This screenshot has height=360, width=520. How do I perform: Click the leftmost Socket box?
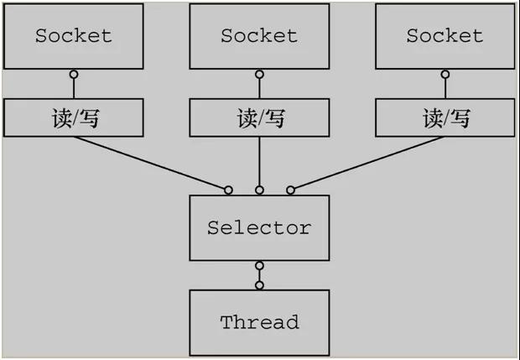click(x=74, y=36)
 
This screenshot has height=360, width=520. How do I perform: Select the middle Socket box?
click(x=259, y=36)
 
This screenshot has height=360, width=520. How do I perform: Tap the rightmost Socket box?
click(x=445, y=36)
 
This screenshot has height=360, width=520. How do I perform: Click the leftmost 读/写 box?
click(x=74, y=118)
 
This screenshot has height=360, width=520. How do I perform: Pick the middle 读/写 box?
click(x=259, y=118)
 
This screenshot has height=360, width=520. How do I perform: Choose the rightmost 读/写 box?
click(x=445, y=118)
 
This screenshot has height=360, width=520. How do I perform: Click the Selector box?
click(x=259, y=227)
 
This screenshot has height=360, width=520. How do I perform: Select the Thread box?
click(x=259, y=322)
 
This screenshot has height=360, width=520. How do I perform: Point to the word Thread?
click(x=259, y=322)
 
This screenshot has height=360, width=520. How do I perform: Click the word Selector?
click(x=259, y=227)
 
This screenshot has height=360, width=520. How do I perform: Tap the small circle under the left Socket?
click(x=74, y=75)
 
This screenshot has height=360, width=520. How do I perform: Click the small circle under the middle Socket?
click(x=259, y=75)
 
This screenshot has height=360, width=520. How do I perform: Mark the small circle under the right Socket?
click(x=445, y=75)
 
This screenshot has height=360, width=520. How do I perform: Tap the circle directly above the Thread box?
click(x=259, y=285)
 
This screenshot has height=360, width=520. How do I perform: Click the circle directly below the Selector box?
click(x=259, y=266)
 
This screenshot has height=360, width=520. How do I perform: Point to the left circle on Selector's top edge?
click(x=228, y=190)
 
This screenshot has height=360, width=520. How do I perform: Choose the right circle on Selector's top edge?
click(x=290, y=190)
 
